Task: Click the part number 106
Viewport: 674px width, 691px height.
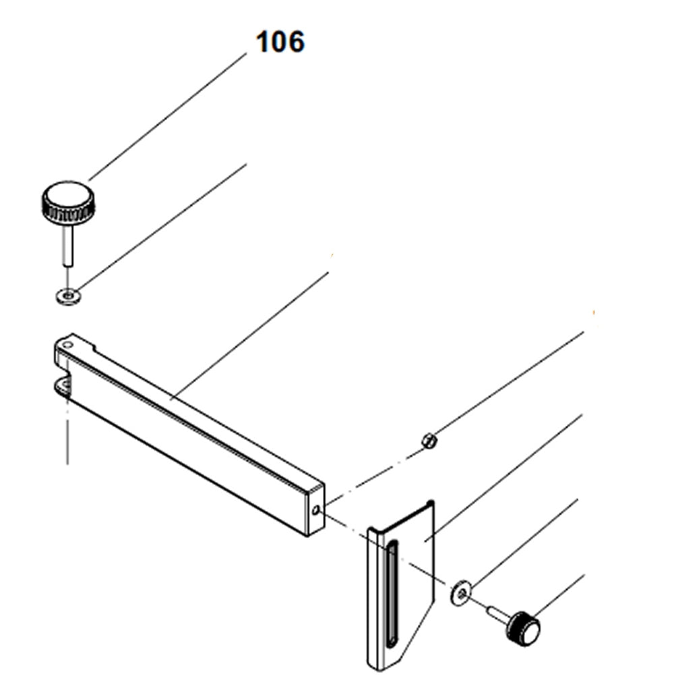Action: tap(280, 42)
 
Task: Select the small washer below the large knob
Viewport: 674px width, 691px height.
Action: tap(68, 295)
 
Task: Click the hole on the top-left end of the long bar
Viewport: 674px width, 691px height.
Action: tap(67, 344)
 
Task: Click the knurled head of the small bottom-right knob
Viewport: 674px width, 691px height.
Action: tap(524, 627)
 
